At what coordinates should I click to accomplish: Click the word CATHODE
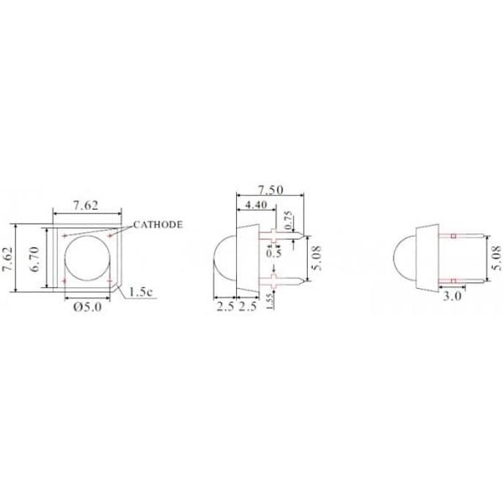pos(158,224)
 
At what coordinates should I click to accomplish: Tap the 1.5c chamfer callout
pos(141,292)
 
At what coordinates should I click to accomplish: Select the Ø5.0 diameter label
pos(87,307)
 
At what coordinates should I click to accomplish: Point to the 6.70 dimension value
pos(34,259)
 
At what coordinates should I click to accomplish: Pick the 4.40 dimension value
pos(255,205)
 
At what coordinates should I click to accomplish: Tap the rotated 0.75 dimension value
pos(288,220)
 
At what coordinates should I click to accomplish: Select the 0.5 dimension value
pos(273,254)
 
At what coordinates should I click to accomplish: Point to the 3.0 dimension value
pos(452,296)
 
